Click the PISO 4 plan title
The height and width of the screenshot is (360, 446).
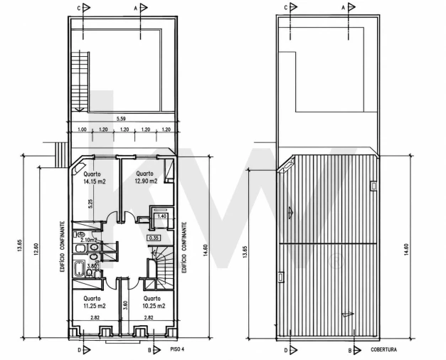click(x=177, y=349)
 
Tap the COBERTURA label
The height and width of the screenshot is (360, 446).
click(x=383, y=349)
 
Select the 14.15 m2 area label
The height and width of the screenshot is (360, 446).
click(x=95, y=181)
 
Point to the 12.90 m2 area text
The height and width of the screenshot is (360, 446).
click(x=147, y=181)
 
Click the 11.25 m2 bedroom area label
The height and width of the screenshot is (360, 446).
click(x=95, y=306)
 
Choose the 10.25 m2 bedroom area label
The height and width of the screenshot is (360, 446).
click(x=154, y=306)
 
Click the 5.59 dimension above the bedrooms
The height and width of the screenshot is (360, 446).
click(x=121, y=119)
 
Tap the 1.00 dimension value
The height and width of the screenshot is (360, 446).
click(x=82, y=129)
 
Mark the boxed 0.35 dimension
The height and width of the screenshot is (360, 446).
click(x=154, y=238)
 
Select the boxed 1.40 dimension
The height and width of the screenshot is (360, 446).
click(x=161, y=216)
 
